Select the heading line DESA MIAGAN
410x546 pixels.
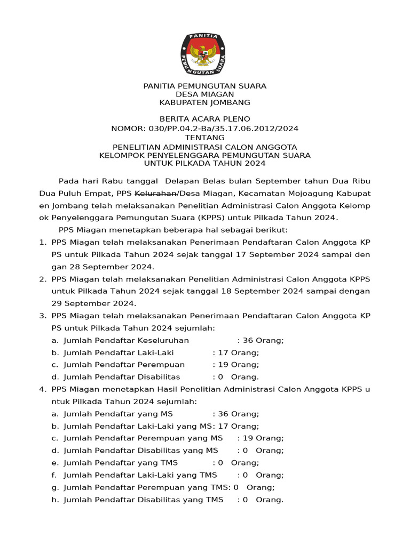205,94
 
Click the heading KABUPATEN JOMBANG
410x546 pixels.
205,102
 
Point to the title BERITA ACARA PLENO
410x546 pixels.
205,119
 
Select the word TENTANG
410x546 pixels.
205,138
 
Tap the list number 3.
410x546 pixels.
42,316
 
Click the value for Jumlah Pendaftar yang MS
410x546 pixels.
235,414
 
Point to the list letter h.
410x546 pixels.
54,500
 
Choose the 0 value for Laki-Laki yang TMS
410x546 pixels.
246,475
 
